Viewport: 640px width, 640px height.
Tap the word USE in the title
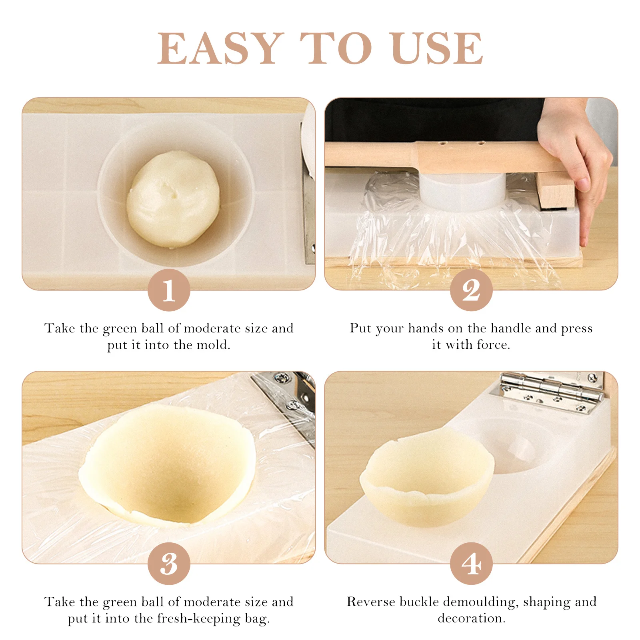(438, 48)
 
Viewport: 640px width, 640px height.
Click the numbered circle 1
(169, 290)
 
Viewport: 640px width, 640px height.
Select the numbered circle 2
(471, 290)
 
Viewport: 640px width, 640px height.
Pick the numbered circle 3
(169, 564)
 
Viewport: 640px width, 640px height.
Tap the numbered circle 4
(471, 564)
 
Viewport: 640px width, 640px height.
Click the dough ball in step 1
(173, 199)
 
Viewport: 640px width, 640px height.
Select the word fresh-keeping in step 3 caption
(199, 618)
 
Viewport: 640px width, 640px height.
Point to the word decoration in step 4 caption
(471, 618)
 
